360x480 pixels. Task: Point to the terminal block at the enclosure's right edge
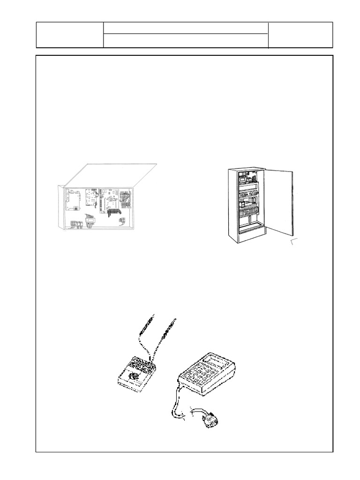coord(125,200)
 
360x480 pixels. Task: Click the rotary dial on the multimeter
coord(134,376)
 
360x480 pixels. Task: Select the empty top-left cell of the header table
coord(70,35)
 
